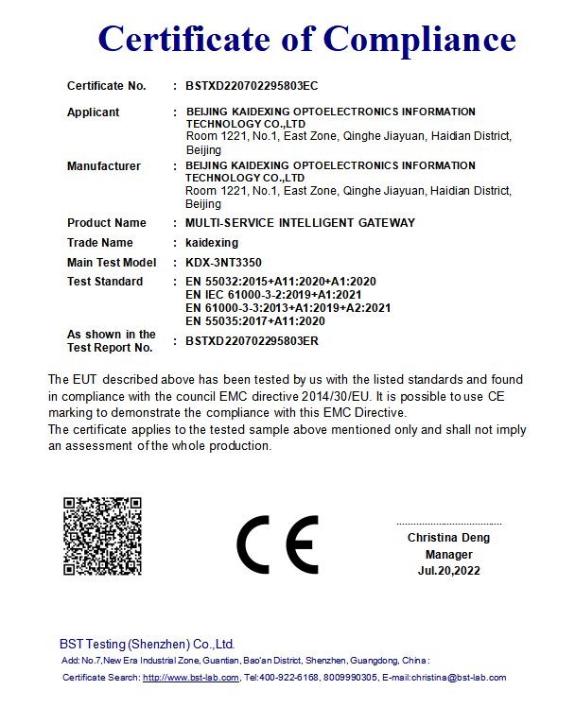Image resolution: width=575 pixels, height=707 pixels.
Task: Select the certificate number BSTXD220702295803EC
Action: [252, 86]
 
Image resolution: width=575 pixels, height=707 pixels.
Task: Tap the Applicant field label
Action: [93, 112]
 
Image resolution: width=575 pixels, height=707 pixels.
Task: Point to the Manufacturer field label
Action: [104, 166]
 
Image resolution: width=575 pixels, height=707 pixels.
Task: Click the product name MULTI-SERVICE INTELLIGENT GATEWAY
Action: [300, 223]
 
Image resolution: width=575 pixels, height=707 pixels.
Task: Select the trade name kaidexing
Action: [212, 243]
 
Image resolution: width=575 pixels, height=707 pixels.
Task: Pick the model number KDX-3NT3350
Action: [224, 263]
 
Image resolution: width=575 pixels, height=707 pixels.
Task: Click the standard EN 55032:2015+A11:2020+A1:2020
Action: [281, 282]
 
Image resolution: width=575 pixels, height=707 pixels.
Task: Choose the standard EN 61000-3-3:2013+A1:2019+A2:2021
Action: [287, 308]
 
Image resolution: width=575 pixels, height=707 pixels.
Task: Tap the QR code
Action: [102, 536]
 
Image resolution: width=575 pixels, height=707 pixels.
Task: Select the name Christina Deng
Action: [449, 538]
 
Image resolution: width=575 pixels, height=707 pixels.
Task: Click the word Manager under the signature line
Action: [449, 555]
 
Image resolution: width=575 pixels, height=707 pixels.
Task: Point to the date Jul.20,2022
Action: [449, 571]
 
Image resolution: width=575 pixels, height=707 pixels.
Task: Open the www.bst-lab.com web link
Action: [191, 678]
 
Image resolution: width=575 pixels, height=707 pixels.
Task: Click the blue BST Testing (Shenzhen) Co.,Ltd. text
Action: [147, 644]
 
